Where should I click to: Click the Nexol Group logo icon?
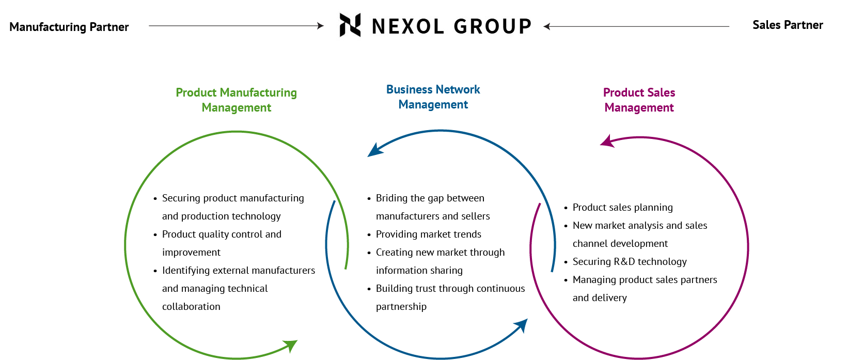pos(350,25)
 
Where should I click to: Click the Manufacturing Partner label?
pos(69,27)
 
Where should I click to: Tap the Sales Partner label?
pos(787,25)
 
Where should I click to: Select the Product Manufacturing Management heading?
pos(237,100)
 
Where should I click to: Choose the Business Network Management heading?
pos(433,97)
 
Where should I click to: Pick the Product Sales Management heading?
pos(639,100)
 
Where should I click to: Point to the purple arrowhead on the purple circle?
pos(607,142)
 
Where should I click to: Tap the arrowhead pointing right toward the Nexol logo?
pos(320,26)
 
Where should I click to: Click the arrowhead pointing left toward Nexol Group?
pos(547,26)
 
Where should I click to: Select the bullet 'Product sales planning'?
pos(622,207)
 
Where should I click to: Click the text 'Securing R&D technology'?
pos(630,261)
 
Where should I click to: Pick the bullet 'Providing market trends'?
pos(428,234)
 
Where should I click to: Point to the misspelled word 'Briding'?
pos(392,198)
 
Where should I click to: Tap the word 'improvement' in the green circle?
pos(191,252)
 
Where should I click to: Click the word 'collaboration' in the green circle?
pos(191,306)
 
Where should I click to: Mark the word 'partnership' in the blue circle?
pos(401,306)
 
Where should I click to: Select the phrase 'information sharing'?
pos(419,270)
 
